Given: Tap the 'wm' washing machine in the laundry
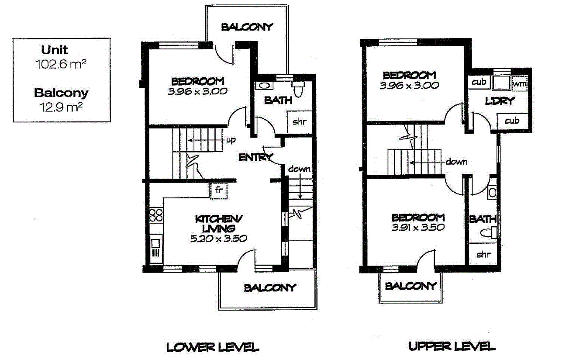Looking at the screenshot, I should [518, 83].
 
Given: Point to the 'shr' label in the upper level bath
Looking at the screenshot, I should [483, 255].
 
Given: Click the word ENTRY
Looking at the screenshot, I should [256, 157].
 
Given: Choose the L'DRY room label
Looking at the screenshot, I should [500, 101].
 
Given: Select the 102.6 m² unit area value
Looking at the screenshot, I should [60, 64].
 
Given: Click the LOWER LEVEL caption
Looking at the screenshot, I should [213, 347].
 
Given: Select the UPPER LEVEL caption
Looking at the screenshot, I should [452, 346].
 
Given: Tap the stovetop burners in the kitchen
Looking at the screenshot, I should [156, 215].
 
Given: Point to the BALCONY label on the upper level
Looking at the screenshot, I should [411, 286].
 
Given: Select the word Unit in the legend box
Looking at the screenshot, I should [55, 50].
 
